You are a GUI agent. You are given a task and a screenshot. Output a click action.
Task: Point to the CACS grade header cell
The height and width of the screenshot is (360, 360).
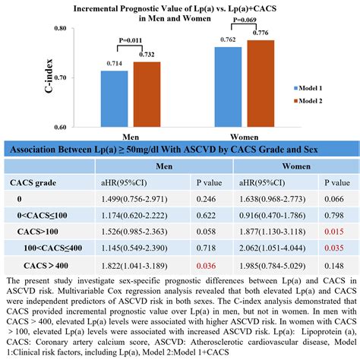click(31, 182)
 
